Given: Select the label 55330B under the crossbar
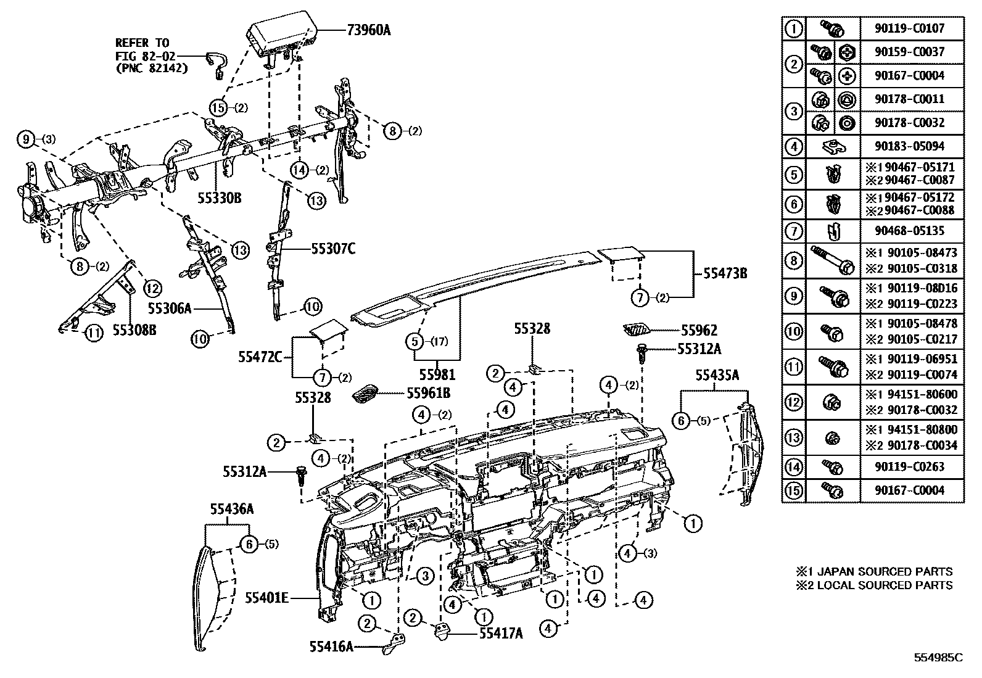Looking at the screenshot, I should [219, 197].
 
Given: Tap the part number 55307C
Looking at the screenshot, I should [333, 249].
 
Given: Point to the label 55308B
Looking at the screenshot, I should [134, 331].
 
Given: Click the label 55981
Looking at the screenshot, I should [437, 374].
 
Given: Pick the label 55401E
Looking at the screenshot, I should [266, 597].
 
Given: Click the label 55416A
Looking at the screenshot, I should [331, 646].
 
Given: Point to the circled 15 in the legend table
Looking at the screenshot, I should [794, 490].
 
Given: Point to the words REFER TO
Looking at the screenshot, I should [142, 43].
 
